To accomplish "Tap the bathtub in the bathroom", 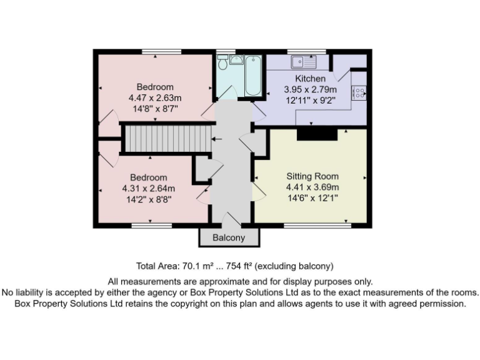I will pyautogui.click(x=252, y=76).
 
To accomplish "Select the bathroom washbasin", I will pyautogui.click(x=236, y=59).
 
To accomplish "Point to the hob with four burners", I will pyautogui.click(x=359, y=92).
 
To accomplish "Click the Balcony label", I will pyautogui.click(x=229, y=238).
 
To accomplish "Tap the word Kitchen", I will pyautogui.click(x=311, y=79).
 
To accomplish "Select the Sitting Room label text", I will pyautogui.click(x=312, y=176).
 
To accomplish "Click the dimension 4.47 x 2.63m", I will pyautogui.click(x=155, y=97).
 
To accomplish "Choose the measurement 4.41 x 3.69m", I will pyautogui.click(x=312, y=187).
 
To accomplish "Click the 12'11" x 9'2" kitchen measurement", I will pyautogui.click(x=311, y=100).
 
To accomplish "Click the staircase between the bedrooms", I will pyautogui.click(x=166, y=139).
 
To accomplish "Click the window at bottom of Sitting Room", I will pyautogui.click(x=317, y=224).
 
